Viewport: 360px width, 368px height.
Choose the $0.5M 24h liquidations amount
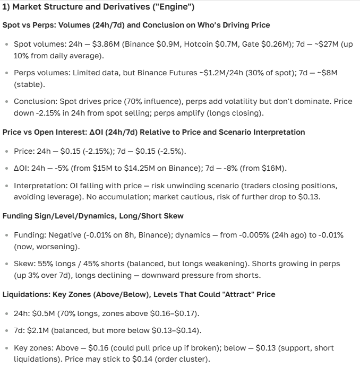point(43,313)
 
